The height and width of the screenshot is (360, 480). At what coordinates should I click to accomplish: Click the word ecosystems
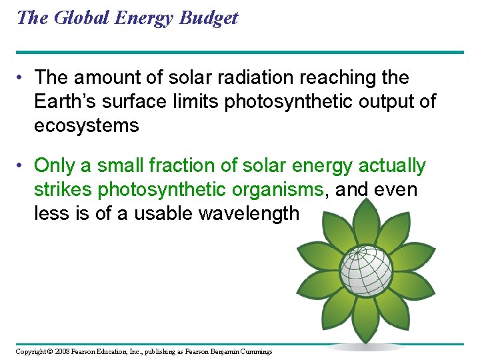coord(87,125)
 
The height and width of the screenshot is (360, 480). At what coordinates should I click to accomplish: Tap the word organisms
coord(277,189)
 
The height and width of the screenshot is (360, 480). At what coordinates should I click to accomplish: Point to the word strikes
coord(63,189)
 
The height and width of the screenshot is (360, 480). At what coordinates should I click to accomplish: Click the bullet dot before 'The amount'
coord(22,78)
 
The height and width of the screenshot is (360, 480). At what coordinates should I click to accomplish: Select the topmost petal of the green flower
coord(365,220)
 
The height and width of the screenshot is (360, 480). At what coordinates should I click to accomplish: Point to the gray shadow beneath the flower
coord(365,347)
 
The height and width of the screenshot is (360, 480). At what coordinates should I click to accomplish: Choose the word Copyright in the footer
coord(31,351)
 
